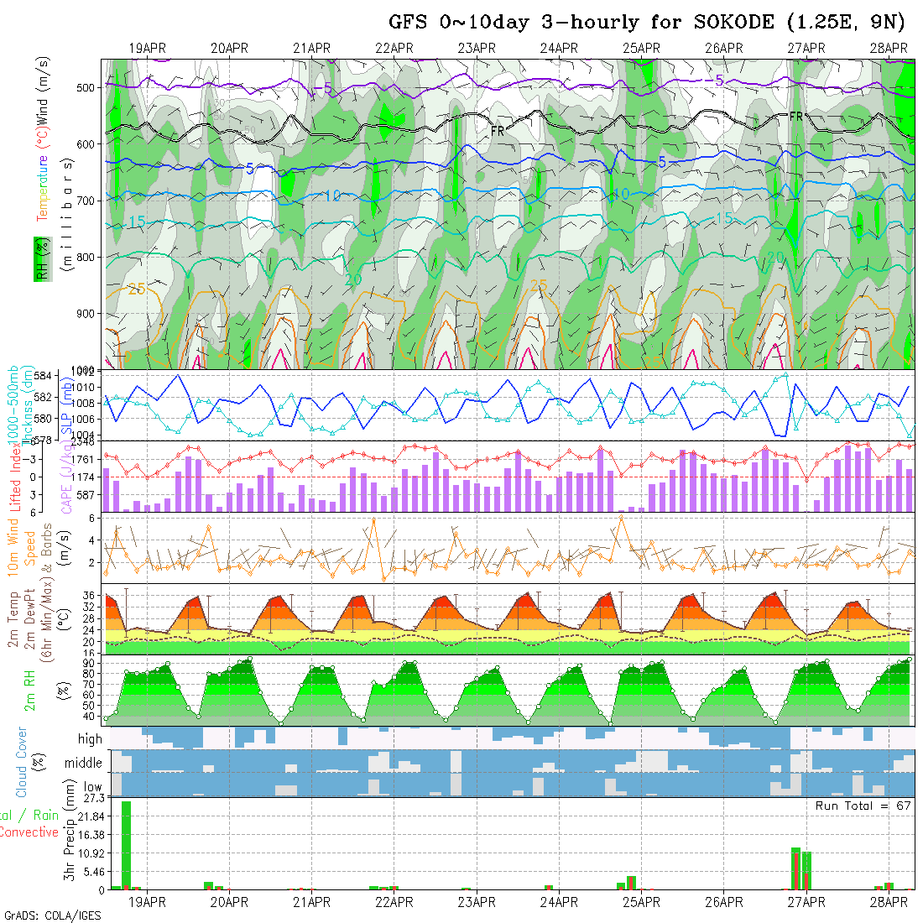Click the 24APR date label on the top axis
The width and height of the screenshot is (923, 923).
coord(559,48)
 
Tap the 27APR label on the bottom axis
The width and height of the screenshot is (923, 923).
coord(806,902)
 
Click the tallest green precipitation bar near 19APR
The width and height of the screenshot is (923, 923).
coord(126,843)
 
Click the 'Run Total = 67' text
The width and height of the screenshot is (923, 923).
coord(863,806)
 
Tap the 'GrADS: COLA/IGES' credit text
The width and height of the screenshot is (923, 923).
coord(52,915)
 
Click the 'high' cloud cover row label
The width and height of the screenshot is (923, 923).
coord(90,739)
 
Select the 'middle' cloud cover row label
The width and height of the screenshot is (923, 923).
coord(84,764)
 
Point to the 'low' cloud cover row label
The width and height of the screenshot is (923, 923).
coord(92,787)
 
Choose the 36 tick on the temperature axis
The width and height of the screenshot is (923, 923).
coord(88,595)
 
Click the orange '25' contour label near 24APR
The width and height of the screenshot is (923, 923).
coord(538,285)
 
